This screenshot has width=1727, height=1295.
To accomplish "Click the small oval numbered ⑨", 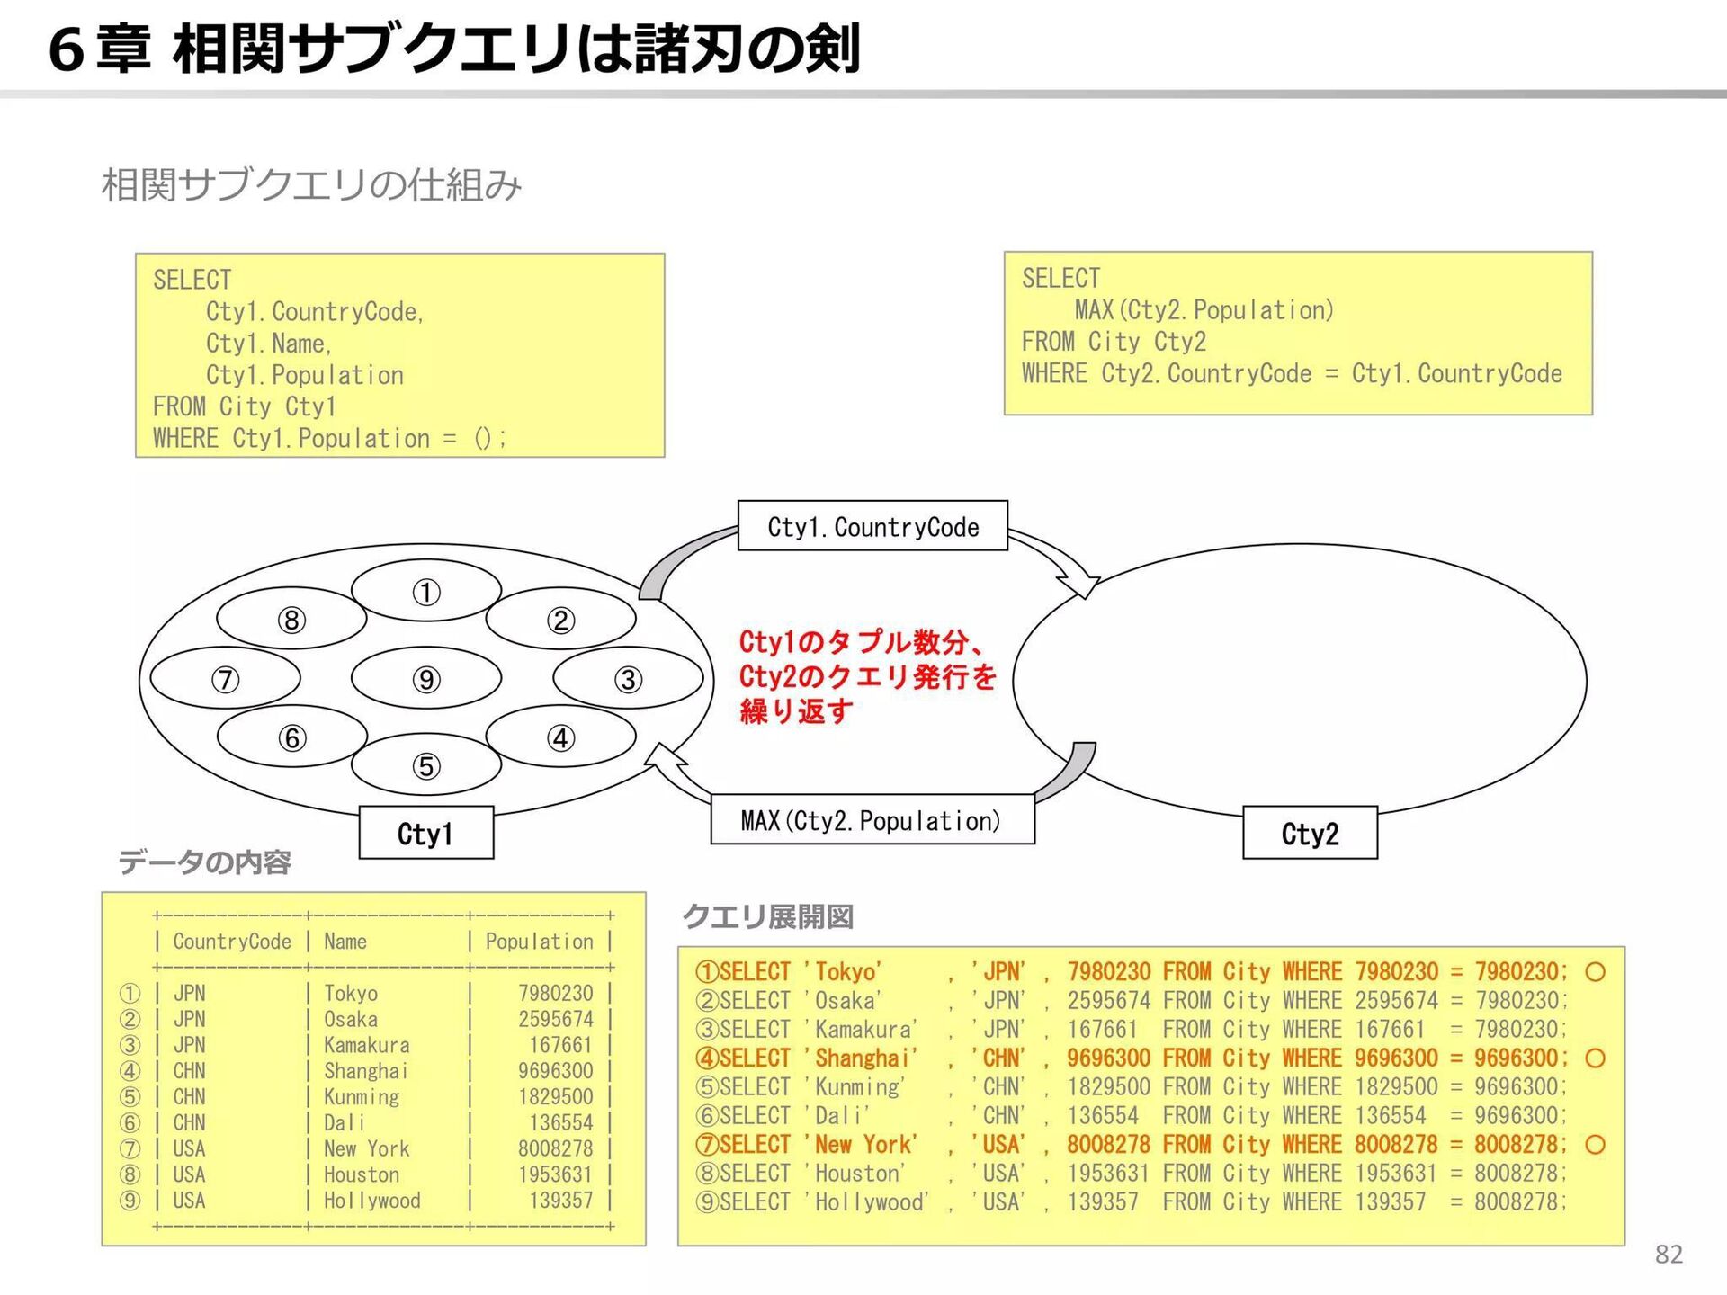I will tap(425, 678).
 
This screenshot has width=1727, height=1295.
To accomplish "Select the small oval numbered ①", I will tap(425, 592).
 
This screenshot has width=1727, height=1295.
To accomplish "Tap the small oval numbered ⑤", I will tap(425, 765).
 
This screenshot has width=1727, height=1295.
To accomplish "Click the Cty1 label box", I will tap(425, 833).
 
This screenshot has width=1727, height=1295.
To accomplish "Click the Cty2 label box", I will tap(1310, 833).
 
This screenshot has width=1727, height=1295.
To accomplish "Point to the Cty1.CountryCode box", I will tap(872, 526).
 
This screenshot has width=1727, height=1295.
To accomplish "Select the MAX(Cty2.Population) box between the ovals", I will tap(872, 819).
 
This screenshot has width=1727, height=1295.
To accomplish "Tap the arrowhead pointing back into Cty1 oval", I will tap(664, 760).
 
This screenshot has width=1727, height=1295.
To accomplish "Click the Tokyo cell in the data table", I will tap(351, 993).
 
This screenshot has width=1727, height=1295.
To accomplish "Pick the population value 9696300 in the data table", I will tap(555, 1070).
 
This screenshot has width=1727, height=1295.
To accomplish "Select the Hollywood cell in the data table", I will tap(371, 1200).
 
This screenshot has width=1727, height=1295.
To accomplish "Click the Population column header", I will tap(539, 941).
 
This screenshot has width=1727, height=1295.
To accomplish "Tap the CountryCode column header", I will tap(232, 941).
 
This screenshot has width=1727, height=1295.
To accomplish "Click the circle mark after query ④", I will tap(1595, 1058).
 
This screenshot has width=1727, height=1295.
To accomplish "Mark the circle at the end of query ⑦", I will tap(1595, 1144).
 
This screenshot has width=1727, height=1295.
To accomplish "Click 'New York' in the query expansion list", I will tap(865, 1144).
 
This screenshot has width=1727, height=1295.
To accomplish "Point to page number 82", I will tap(1669, 1254).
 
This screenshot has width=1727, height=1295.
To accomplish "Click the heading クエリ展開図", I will tap(767, 916).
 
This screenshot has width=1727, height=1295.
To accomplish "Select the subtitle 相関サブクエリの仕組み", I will tap(311, 184).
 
